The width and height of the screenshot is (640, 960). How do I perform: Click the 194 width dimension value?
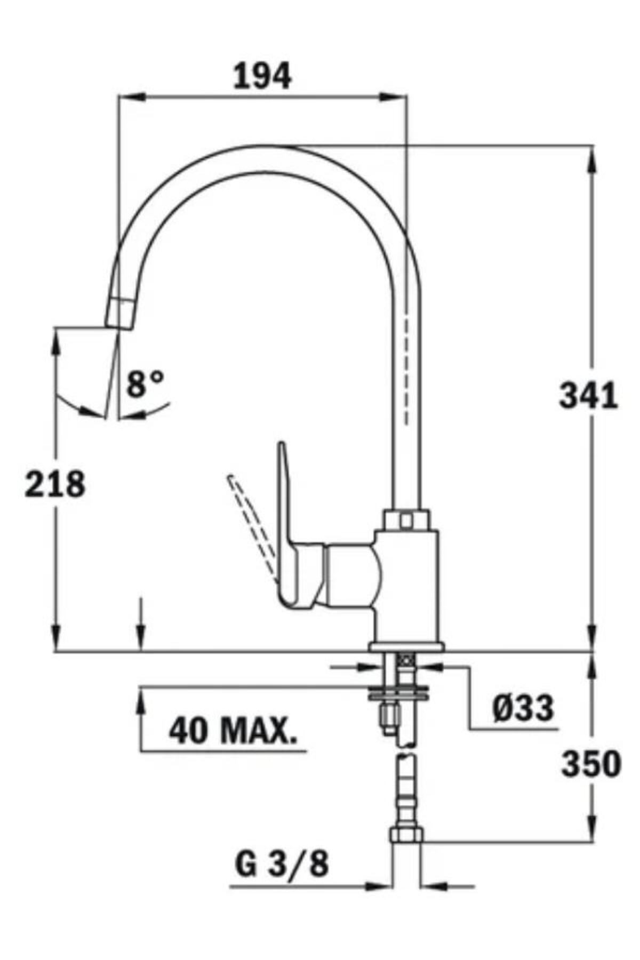262,77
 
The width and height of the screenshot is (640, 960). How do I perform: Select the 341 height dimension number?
588,396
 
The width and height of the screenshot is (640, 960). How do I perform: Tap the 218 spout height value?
55,484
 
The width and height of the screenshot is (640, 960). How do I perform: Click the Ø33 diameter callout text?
523,708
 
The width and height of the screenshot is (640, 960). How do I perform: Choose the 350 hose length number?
591,764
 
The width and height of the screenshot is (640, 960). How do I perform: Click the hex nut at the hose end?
406,834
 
